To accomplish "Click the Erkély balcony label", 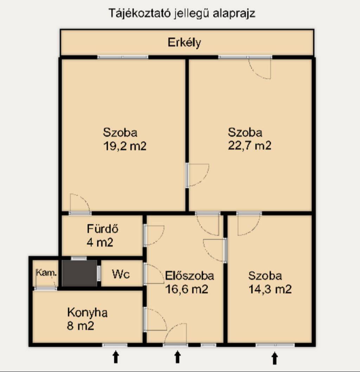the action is [184, 43].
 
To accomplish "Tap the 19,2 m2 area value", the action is [125, 146].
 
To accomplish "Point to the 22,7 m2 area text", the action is [250, 145].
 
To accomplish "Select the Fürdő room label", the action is [103, 229].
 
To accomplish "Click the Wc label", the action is [121, 274].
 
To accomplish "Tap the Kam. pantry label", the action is [46, 273].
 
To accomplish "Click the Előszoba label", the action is [189, 276].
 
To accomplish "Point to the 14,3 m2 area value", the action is [270, 289].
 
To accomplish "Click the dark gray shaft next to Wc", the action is [79, 273].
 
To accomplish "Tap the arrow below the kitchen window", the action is [116, 357].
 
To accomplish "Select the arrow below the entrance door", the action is [178, 357].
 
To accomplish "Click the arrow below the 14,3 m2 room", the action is [275, 358].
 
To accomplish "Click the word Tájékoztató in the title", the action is [140, 13].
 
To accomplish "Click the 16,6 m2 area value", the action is [187, 289].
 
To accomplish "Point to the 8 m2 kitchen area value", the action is [81, 326].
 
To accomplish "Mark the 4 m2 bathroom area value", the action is [100, 242].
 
